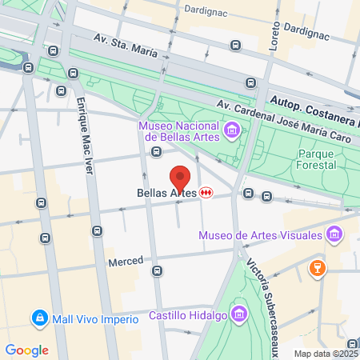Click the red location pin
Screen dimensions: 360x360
click(180, 178)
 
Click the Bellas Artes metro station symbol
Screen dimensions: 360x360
click(207, 193)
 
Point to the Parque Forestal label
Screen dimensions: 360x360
click(320, 160)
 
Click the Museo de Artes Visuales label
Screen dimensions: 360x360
click(260, 235)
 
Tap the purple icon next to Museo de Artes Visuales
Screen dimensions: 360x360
click(334, 235)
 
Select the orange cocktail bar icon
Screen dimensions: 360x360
click(318, 268)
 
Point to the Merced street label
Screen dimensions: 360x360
click(126, 262)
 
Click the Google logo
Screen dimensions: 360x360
click(26, 350)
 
